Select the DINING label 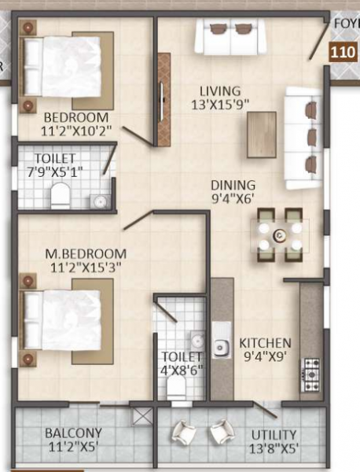pyautogui.click(x=232, y=186)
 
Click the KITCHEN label pyautogui.click(x=265, y=343)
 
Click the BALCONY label pyautogui.click(x=72, y=433)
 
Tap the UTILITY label pyautogui.click(x=274, y=434)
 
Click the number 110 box pyautogui.click(x=342, y=53)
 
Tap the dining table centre pyautogui.click(x=279, y=234)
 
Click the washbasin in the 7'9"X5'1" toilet pyautogui.click(x=101, y=201)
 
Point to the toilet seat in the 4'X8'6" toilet pyautogui.click(x=176, y=386)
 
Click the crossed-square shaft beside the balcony pyautogui.click(x=142, y=415)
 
